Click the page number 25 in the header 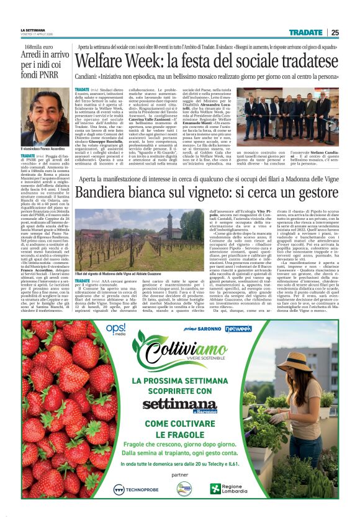point(335,32)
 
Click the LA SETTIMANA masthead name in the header point(32,30)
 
